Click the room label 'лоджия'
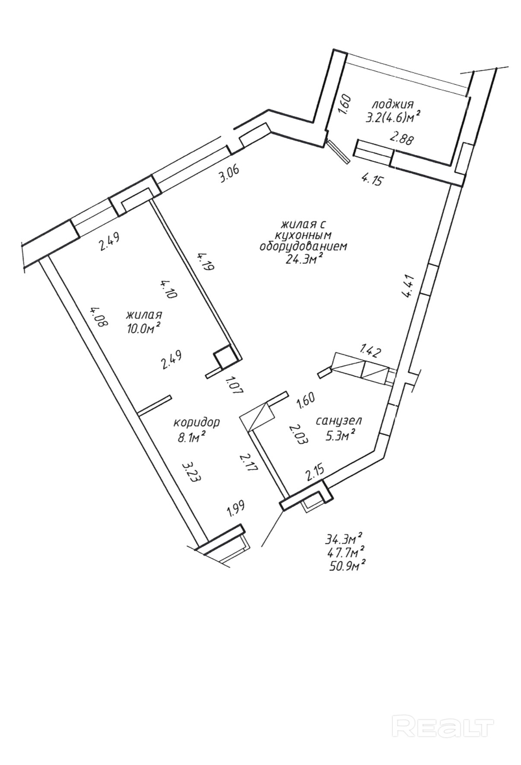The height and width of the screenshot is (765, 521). click(393, 104)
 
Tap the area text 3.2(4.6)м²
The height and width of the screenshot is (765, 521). click(393, 117)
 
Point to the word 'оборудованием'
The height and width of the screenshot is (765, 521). click(303, 247)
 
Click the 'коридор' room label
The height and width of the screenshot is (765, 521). click(197, 422)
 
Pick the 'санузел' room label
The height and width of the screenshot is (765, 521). click(339, 420)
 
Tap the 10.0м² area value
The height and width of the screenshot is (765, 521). click(143, 327)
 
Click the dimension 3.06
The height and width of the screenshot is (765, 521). click(229, 175)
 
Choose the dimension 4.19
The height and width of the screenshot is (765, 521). click(206, 261)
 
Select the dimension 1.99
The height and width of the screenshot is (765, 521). click(234, 510)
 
